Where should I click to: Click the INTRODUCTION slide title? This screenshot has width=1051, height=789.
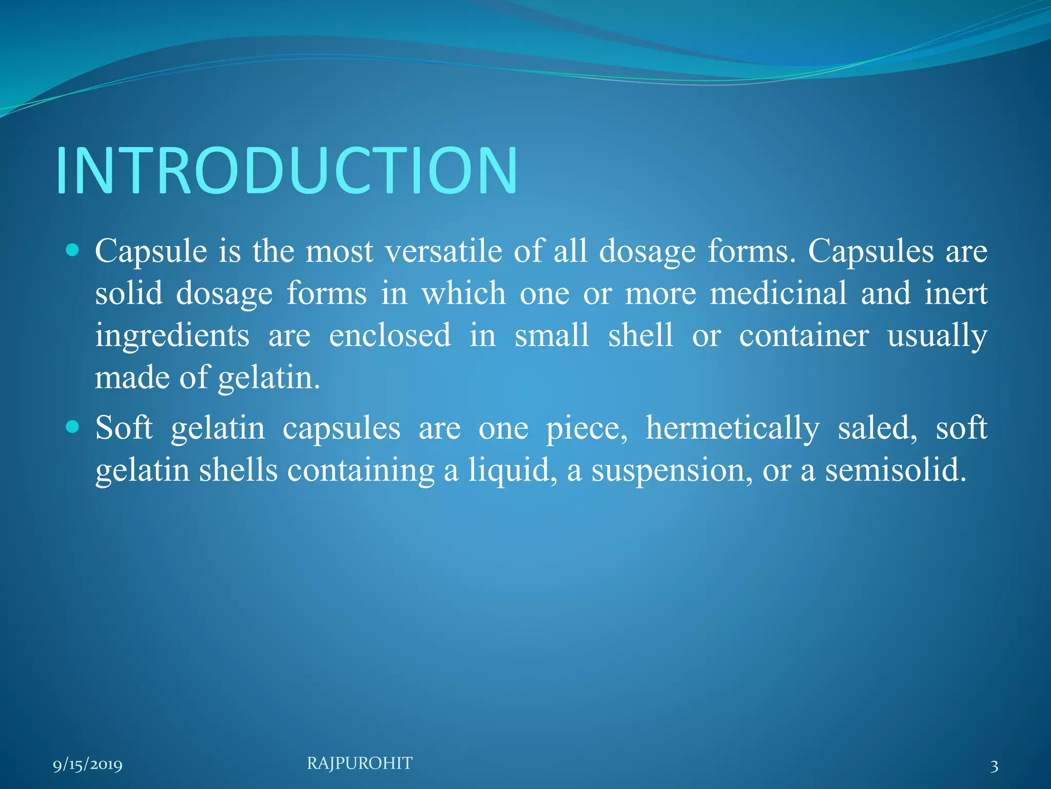click(287, 171)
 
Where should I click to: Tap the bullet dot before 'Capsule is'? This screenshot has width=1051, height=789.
click(73, 251)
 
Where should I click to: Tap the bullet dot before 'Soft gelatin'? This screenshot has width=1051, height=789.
click(73, 426)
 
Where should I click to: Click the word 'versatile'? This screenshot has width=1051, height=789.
click(444, 252)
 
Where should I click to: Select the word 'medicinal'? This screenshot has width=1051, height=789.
click(778, 294)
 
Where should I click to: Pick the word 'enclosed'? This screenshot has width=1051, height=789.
click(390, 336)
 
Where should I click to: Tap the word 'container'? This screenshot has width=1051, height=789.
click(804, 336)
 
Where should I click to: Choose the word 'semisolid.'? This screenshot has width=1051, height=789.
click(896, 471)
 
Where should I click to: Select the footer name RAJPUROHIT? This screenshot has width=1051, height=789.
click(359, 763)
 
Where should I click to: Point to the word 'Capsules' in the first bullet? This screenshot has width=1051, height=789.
click(871, 252)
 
